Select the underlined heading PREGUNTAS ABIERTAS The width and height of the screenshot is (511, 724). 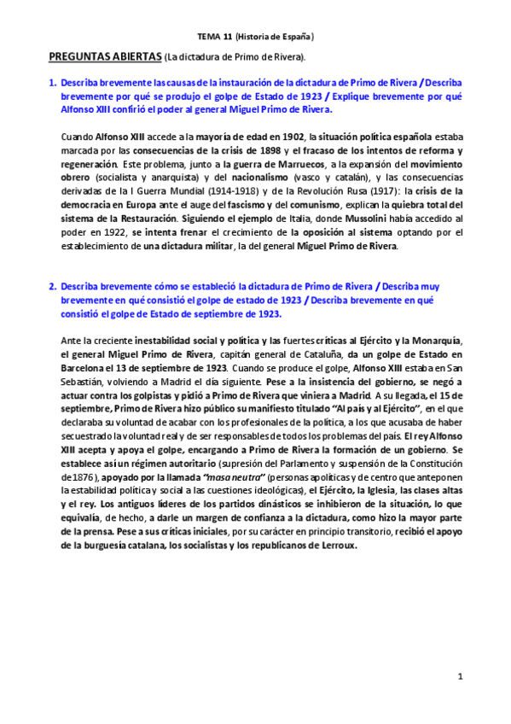[x=103, y=56]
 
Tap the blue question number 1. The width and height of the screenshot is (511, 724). [x=52, y=83]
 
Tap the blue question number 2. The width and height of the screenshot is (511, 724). [x=52, y=286]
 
